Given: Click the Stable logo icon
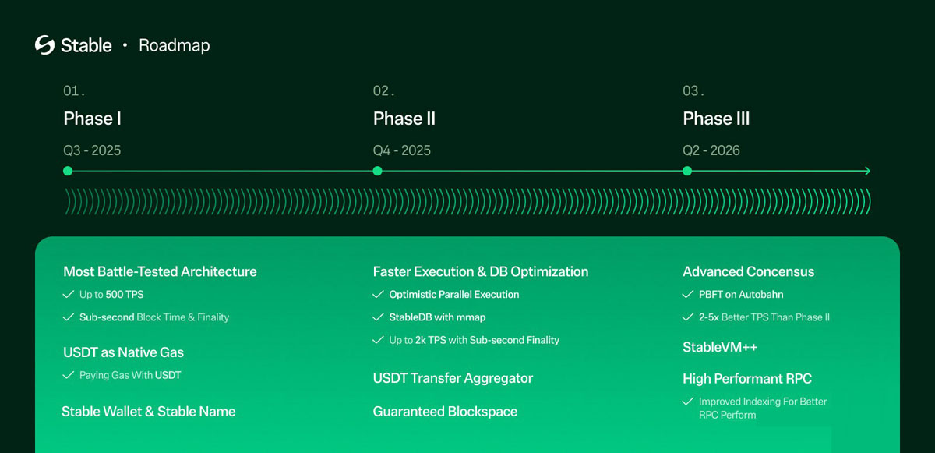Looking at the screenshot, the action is tap(44, 44).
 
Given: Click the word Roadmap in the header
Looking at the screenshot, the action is tap(175, 45).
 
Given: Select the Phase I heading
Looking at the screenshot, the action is tap(92, 119).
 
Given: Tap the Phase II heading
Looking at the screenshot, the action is tap(404, 119).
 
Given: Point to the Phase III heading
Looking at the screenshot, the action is tap(716, 119).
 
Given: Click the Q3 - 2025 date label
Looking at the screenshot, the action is tap(92, 150).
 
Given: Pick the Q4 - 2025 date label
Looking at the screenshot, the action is tap(402, 150).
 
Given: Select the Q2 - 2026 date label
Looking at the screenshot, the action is tap(711, 150).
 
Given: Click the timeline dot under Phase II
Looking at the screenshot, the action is tap(377, 171).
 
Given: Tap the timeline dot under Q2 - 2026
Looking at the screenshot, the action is tap(687, 171).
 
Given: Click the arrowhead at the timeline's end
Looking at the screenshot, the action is tap(868, 171).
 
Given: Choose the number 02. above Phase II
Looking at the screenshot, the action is tap(383, 90).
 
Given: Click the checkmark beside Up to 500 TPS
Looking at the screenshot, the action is tap(69, 295).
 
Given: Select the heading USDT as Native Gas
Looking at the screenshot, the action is tap(124, 352).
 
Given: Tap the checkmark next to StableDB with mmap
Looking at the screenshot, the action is tap(378, 317).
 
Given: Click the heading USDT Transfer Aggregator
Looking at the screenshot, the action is tap(453, 378).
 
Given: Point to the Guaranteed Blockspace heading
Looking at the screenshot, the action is tap(445, 412).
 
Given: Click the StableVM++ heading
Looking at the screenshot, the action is tap(720, 347).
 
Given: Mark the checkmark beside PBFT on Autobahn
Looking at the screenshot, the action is tap(688, 295).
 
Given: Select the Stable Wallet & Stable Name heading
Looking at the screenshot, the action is tap(149, 412).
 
